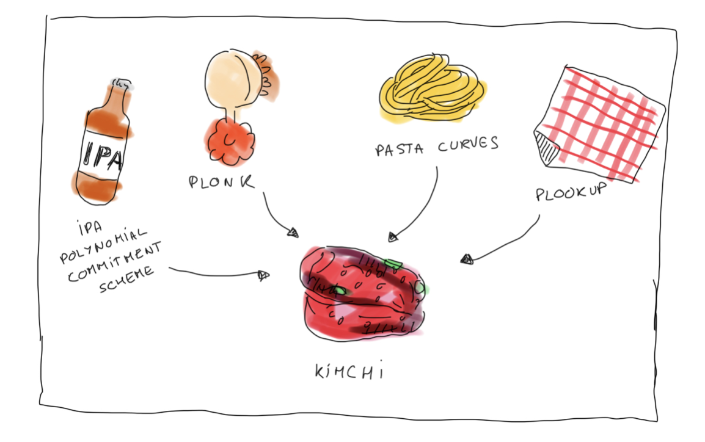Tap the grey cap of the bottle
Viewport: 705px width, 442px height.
[x=121, y=84]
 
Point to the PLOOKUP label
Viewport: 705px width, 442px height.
[x=571, y=193]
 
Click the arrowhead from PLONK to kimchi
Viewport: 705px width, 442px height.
[x=293, y=233]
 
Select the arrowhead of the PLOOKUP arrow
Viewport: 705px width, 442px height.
[x=467, y=260]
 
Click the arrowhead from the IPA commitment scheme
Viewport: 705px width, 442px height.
[x=264, y=275]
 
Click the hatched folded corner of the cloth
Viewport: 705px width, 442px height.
[x=547, y=147]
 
